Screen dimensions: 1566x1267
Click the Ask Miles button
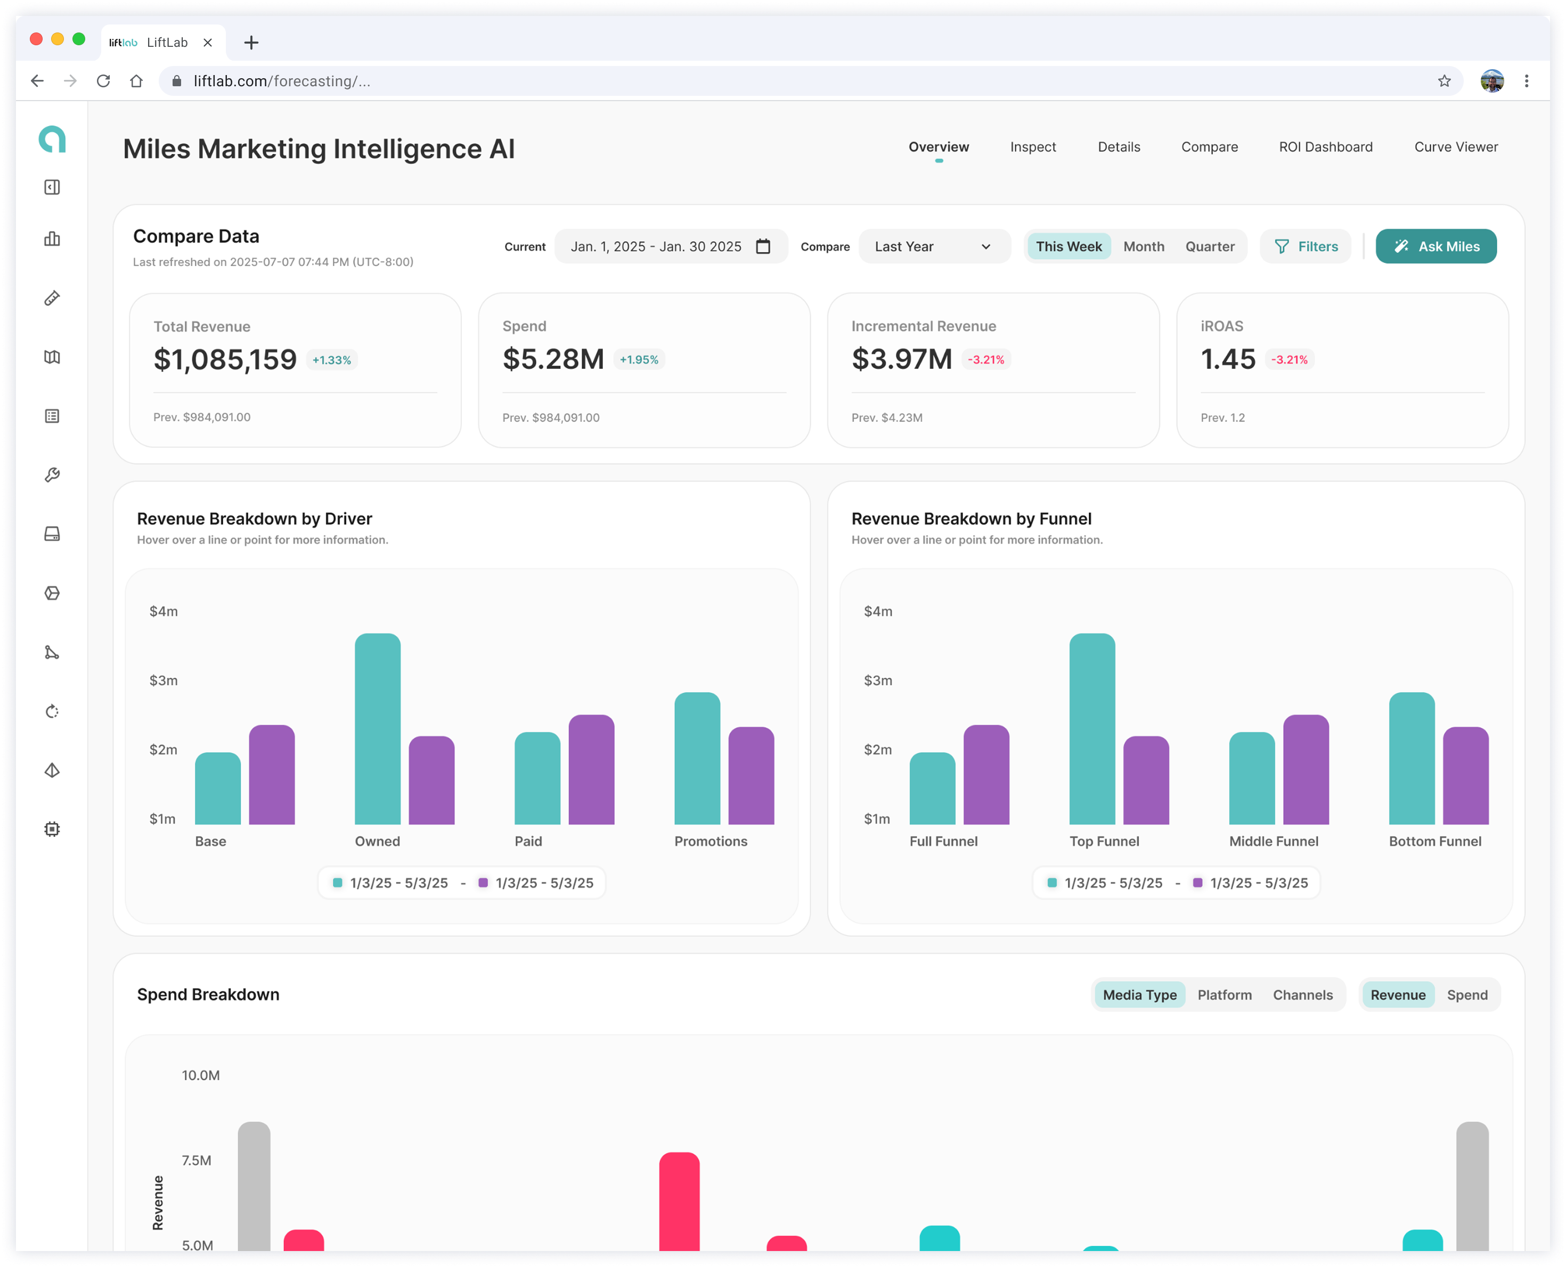(1435, 246)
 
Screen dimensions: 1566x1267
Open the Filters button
(1306, 246)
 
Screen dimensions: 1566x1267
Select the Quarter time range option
(1210, 246)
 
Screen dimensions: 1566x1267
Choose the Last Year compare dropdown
(934, 246)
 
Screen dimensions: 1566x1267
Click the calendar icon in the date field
(763, 246)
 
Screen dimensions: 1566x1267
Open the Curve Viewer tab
(1456, 147)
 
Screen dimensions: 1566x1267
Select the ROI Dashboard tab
(1326, 147)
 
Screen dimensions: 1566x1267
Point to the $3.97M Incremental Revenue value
(902, 359)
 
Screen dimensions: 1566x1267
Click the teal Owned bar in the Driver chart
(378, 728)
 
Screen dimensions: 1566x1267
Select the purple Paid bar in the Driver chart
(591, 769)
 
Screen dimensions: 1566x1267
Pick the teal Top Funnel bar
(1092, 728)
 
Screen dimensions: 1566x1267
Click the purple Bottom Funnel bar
(1466, 775)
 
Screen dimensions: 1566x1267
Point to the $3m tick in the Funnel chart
(877, 680)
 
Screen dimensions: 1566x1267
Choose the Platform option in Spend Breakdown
(1225, 995)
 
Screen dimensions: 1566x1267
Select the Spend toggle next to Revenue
(1467, 995)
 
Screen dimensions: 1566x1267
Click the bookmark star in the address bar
(1444, 81)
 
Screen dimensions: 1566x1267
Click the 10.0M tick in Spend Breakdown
(201, 1075)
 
